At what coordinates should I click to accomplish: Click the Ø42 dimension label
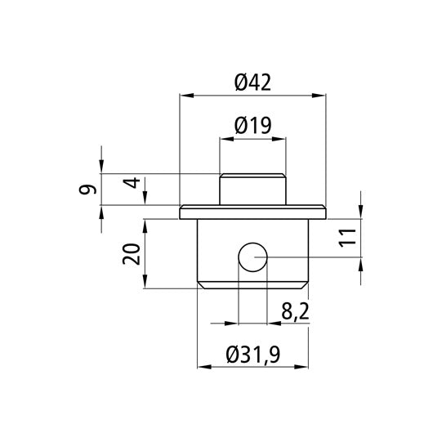click(x=252, y=83)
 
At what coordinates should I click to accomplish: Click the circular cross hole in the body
click(x=252, y=257)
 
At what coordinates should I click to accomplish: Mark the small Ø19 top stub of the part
click(x=252, y=189)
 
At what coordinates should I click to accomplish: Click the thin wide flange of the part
click(x=252, y=212)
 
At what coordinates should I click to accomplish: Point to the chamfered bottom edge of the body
click(x=252, y=285)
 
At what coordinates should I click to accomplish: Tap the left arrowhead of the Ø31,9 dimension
click(x=203, y=368)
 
